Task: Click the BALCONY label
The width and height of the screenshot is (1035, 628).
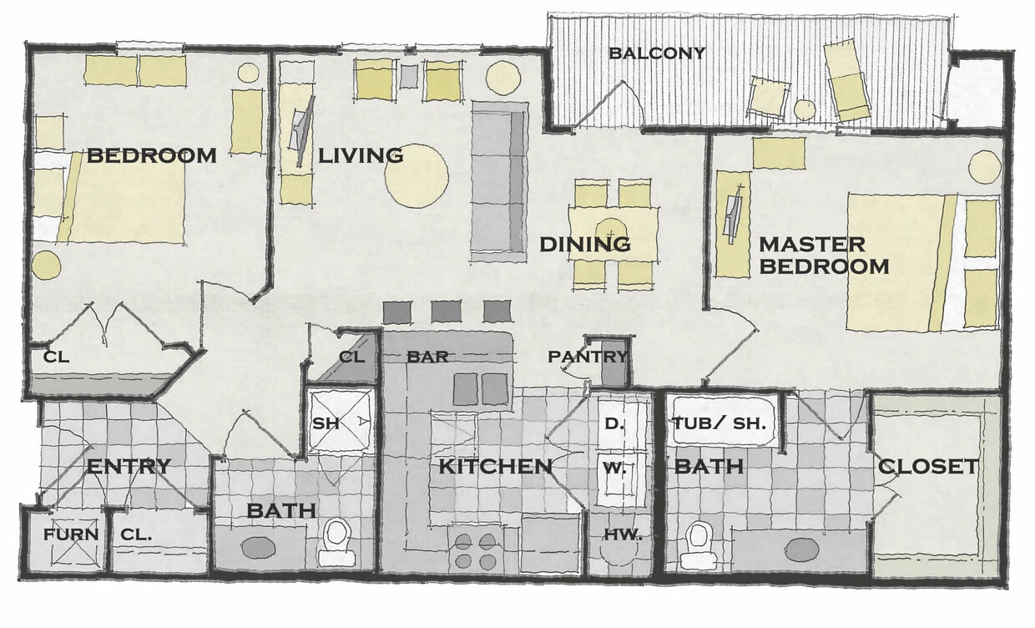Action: tap(657, 53)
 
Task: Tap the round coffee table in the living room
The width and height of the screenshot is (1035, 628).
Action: tap(416, 175)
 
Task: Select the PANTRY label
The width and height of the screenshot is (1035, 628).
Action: tap(588, 357)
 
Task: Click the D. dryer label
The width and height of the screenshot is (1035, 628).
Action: tap(613, 423)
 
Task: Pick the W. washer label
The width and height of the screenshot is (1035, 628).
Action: tap(613, 468)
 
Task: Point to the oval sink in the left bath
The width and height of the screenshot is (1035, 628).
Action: tap(259, 548)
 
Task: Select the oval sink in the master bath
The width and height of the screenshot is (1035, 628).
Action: tap(802, 549)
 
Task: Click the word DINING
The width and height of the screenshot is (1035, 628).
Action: tap(584, 245)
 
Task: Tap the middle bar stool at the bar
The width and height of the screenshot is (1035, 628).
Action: tap(446, 311)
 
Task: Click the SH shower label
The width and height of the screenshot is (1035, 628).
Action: tap(325, 423)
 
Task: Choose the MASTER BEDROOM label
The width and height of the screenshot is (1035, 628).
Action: tap(823, 256)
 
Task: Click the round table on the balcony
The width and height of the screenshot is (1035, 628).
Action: tap(805, 109)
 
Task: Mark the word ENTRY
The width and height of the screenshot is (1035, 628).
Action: tap(129, 466)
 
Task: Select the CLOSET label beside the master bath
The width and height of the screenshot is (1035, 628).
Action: tap(927, 467)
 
